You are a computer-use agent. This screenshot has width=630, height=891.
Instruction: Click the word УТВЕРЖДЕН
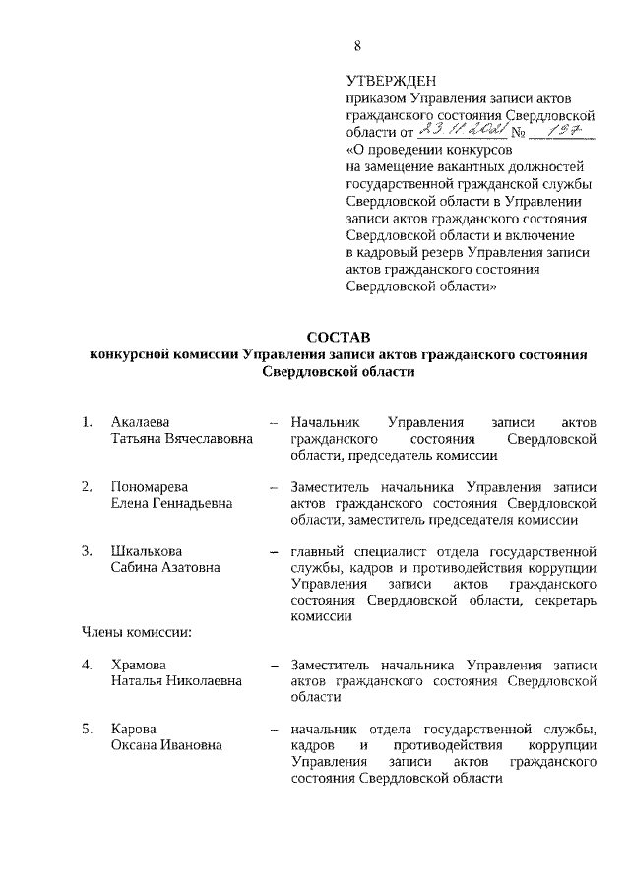[x=391, y=81]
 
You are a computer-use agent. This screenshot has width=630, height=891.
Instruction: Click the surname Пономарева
[x=149, y=486]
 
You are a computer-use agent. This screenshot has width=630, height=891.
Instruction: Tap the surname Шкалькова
[x=147, y=550]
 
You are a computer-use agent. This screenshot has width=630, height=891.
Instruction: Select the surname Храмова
[x=139, y=664]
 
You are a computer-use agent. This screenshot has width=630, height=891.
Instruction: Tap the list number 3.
[x=87, y=550]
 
